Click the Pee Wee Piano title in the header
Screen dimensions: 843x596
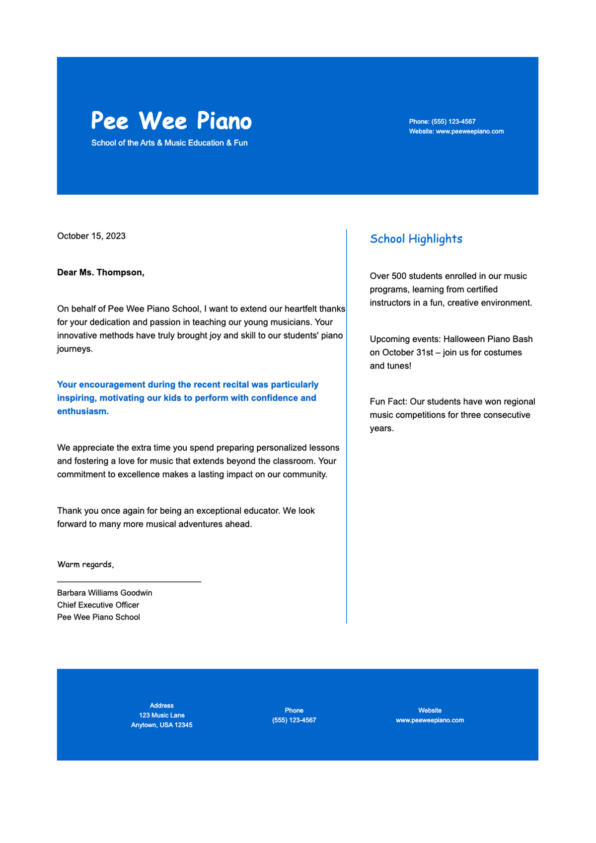pyautogui.click(x=171, y=121)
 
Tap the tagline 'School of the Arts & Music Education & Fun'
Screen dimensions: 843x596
pyautogui.click(x=169, y=143)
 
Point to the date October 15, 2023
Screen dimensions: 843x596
pyautogui.click(x=91, y=236)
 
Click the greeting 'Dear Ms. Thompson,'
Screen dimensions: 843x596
pyautogui.click(x=101, y=272)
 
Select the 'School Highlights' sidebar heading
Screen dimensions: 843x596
pyautogui.click(x=416, y=239)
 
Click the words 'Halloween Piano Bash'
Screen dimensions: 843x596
pyautogui.click(x=488, y=339)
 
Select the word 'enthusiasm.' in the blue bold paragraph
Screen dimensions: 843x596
pyautogui.click(x=83, y=411)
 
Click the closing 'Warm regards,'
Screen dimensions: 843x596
pyautogui.click(x=85, y=564)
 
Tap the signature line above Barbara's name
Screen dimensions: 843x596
pyautogui.click(x=129, y=581)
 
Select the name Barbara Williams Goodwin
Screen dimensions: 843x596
pyautogui.click(x=104, y=593)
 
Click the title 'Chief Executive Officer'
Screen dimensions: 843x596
pyautogui.click(x=98, y=605)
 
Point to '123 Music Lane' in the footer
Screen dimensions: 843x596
pyautogui.click(x=161, y=715)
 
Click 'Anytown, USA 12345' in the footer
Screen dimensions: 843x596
pyautogui.click(x=161, y=725)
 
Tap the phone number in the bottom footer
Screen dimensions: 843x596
pyautogui.click(x=294, y=720)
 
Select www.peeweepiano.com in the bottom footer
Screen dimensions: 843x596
pyautogui.click(x=430, y=720)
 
